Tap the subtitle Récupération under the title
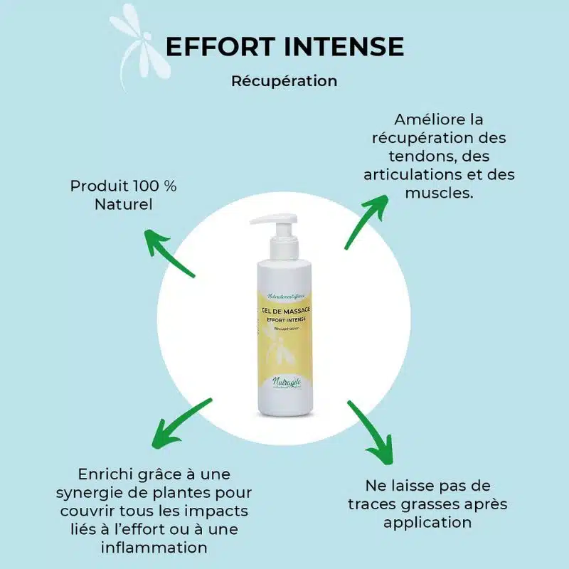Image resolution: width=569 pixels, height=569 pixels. click(x=284, y=81)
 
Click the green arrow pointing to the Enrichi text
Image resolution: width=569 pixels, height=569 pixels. click(x=181, y=422)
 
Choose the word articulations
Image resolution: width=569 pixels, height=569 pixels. click(x=409, y=175)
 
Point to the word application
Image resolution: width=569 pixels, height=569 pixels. click(x=427, y=523)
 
